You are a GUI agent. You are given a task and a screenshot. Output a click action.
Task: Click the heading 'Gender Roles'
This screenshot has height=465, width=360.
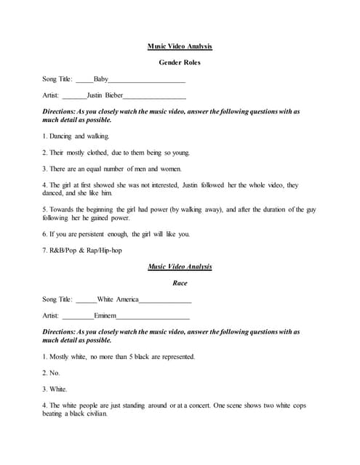pyautogui.click(x=180, y=62)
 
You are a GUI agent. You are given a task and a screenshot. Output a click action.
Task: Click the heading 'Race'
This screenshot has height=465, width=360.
pyautogui.click(x=180, y=283)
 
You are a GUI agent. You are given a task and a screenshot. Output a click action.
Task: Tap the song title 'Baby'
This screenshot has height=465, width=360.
pyautogui.click(x=101, y=78)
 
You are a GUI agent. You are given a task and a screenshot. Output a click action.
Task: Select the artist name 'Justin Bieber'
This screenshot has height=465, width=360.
pyautogui.click(x=104, y=95)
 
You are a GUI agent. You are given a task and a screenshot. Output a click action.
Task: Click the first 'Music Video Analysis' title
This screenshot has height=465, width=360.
pyautogui.click(x=180, y=46)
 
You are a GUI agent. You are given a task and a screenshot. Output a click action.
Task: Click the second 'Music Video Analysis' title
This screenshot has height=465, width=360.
pyautogui.click(x=180, y=267)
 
